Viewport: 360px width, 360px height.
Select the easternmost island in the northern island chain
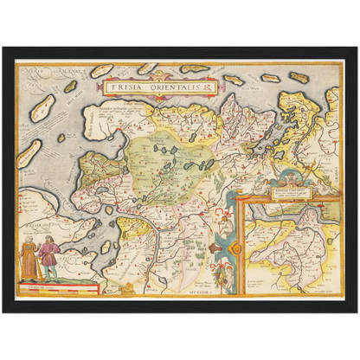tap(299, 77)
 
